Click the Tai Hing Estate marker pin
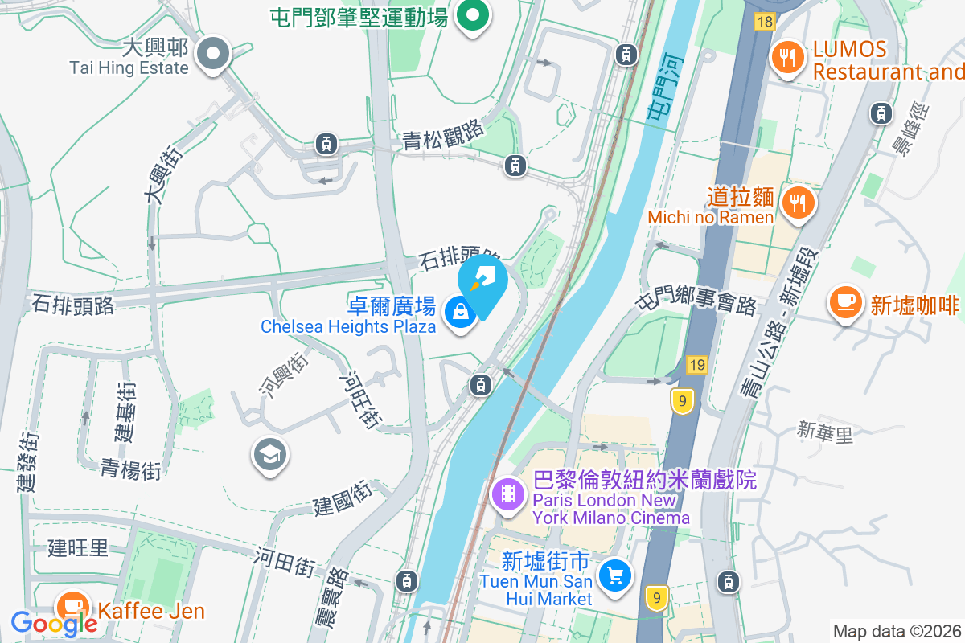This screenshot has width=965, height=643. pyautogui.click(x=213, y=55)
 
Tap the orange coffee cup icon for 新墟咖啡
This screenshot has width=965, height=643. pyautogui.click(x=845, y=302)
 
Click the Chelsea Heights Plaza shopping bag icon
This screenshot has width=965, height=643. pyautogui.click(x=461, y=312)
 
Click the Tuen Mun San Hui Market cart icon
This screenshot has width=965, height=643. pyautogui.click(x=615, y=575)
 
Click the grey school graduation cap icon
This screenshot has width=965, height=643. pyautogui.click(x=270, y=455)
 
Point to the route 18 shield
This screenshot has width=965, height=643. pyautogui.click(x=764, y=22)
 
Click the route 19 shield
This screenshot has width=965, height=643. pyautogui.click(x=696, y=366)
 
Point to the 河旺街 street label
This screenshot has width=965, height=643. pyautogui.click(x=359, y=398)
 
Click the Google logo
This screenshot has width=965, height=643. pyautogui.click(x=54, y=623)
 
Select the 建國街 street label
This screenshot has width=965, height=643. pyautogui.click(x=341, y=499)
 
